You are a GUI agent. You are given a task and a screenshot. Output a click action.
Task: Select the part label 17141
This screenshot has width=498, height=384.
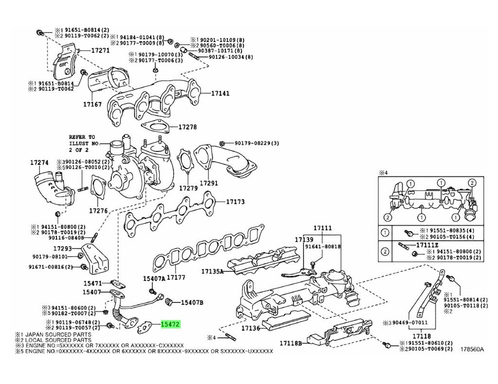click(x=220, y=93)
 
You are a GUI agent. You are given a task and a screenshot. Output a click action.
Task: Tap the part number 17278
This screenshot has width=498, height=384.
click(x=187, y=127)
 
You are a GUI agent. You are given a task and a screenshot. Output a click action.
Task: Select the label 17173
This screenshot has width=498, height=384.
click(x=234, y=202)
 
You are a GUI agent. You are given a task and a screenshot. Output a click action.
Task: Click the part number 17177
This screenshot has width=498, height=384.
click(x=176, y=277)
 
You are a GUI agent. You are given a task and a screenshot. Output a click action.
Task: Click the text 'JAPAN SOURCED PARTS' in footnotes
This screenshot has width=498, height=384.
click(x=53, y=334)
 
